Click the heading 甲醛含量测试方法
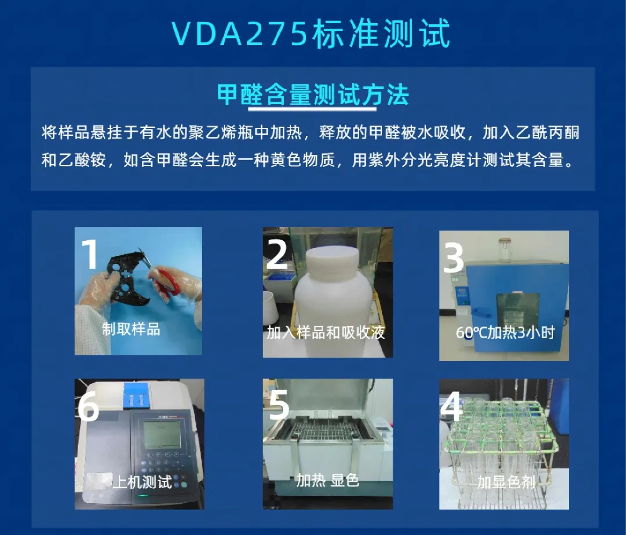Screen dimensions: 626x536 pyautogui.click(x=312, y=95)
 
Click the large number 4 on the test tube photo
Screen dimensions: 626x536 pyautogui.click(x=451, y=406)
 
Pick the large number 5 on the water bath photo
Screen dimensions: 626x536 pyautogui.click(x=278, y=404)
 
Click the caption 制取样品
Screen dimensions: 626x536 pyautogui.click(x=131, y=329)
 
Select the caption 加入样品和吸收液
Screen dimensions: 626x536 pyautogui.click(x=326, y=332)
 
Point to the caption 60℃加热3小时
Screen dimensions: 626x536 pyautogui.click(x=505, y=332)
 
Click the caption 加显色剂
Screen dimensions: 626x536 pyautogui.click(x=506, y=482)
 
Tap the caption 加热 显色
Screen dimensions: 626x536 pyautogui.click(x=327, y=480)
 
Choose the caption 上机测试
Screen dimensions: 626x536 pyautogui.click(x=142, y=482)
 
